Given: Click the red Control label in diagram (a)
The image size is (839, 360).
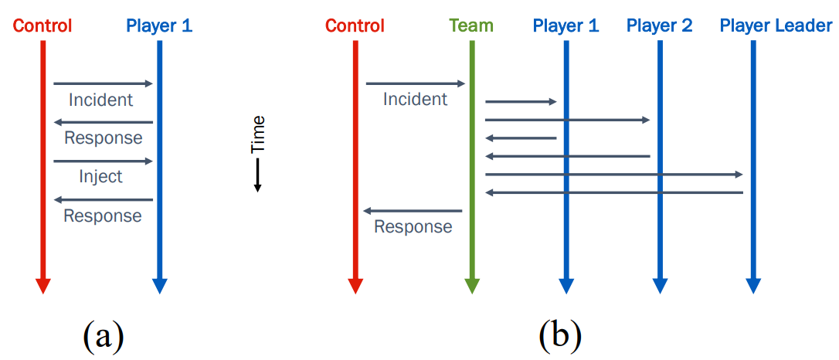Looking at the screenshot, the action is coord(42,25).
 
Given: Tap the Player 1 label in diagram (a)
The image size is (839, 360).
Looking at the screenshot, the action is coord(159,25).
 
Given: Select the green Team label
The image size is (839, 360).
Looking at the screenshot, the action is coord(471,25).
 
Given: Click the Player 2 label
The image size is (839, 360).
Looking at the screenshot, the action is coord(659,25).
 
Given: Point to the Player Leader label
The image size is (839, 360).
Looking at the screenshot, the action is coord(776,25).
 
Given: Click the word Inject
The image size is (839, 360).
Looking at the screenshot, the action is coord(101,176).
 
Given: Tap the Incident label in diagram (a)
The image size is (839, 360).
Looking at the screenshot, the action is coord(101,100).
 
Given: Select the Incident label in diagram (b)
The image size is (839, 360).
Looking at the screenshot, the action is coord(415,100).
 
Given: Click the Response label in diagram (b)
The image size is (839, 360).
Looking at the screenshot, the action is coord(413,226).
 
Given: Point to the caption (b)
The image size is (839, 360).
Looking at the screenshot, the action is coord(559,336).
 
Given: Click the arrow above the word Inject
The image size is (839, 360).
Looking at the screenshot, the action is coord(104,161).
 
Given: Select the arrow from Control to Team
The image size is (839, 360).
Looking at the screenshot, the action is coord(416,83).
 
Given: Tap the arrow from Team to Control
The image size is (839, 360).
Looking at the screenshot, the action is coord(413,211).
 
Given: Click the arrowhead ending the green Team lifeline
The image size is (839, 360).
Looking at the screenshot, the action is coord(471,286).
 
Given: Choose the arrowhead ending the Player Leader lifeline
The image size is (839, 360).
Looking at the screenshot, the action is coord(752,286).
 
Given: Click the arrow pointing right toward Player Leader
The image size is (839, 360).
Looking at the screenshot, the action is coord(614,175).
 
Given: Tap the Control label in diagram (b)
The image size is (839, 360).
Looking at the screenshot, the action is coord(355,25).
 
